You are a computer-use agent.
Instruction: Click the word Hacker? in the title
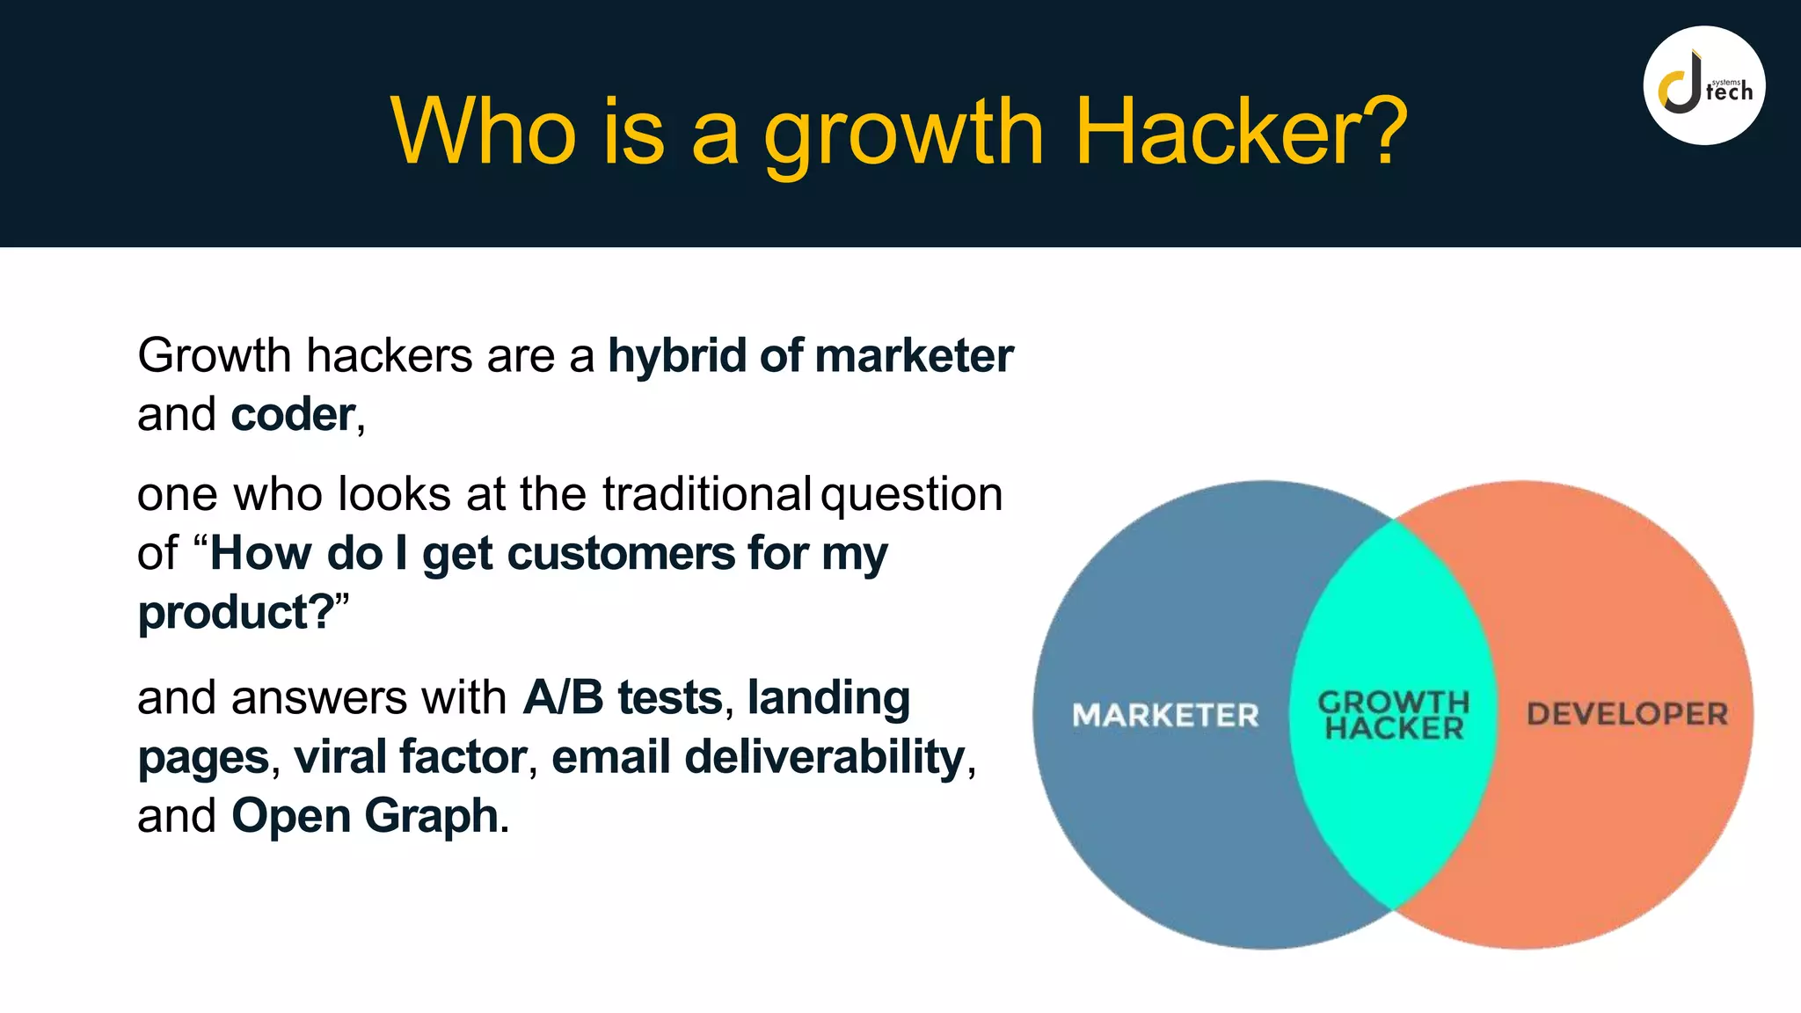coord(1240,132)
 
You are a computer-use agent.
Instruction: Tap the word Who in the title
coord(483,132)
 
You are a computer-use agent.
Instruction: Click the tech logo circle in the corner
coord(1703,86)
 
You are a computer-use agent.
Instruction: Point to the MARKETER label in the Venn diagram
coord(1165,715)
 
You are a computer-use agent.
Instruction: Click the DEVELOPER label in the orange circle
coord(1627,713)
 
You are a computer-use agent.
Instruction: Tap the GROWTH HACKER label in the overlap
coord(1394,715)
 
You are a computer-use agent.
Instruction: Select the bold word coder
coord(293,415)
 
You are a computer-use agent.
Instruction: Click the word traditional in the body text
coord(706,494)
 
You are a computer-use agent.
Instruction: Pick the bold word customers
coord(620,554)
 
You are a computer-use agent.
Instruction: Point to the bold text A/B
coord(563,698)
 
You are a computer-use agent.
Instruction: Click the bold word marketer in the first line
coord(914,356)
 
